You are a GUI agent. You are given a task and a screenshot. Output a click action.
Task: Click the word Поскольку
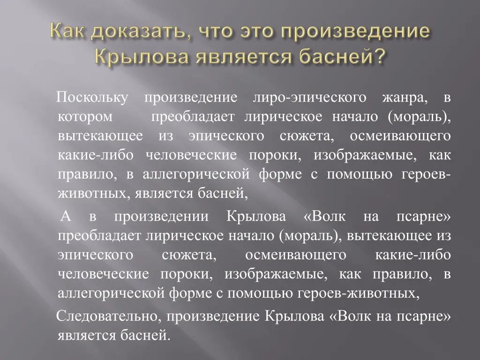[x=92, y=98]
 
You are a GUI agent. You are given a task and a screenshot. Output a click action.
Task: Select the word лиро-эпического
[x=309, y=98]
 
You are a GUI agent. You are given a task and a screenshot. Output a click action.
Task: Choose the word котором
[x=85, y=117]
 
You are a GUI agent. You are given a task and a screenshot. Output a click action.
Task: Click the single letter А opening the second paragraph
[x=66, y=216]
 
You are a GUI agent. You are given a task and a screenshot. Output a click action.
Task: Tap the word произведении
[x=161, y=217]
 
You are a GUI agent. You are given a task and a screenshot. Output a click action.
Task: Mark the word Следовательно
[x=106, y=316]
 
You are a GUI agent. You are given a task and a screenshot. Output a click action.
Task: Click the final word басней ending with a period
[x=145, y=335]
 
